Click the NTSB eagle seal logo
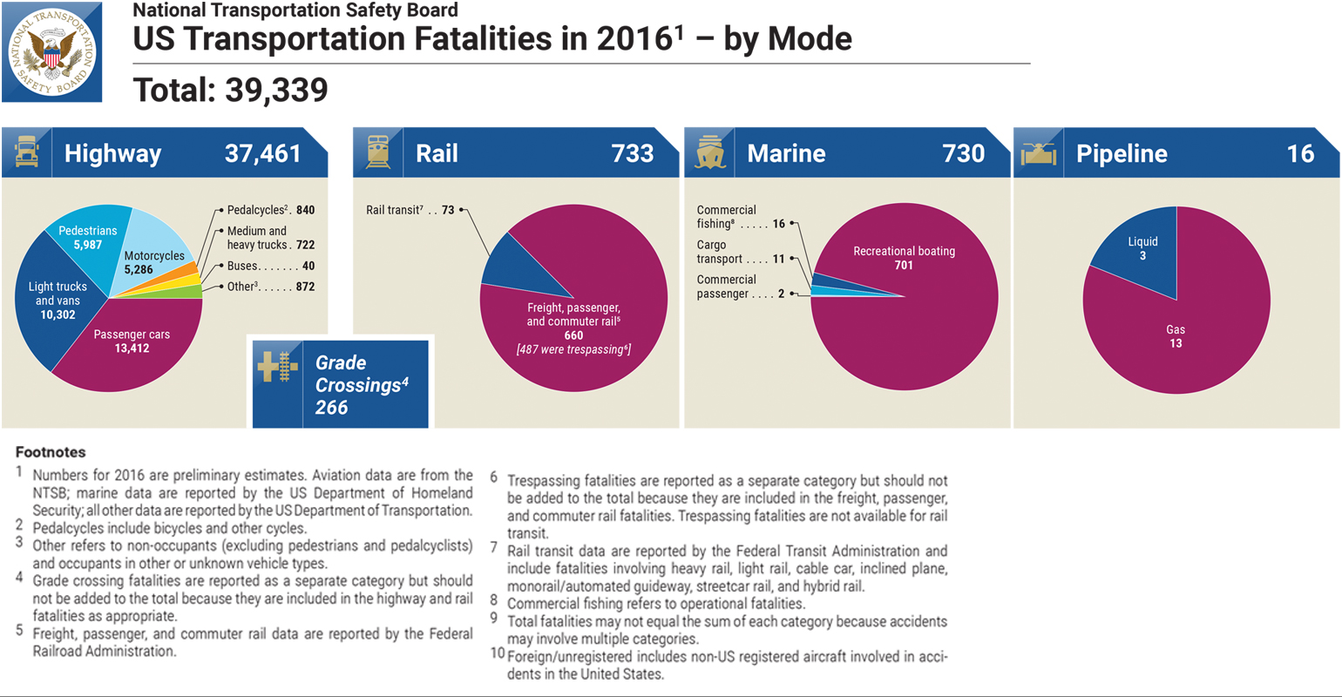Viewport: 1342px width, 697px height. (x=52, y=52)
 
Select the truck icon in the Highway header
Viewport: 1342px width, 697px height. (x=26, y=153)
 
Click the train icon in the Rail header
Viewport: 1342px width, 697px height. (x=378, y=153)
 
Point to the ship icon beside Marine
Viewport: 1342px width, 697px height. (x=710, y=153)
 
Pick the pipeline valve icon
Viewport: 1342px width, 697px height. (x=1040, y=153)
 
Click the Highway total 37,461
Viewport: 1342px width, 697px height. (x=262, y=154)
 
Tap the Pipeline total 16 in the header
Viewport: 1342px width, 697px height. (x=1300, y=154)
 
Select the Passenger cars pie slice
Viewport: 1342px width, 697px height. (x=131, y=344)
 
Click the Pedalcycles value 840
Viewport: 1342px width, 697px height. (x=305, y=210)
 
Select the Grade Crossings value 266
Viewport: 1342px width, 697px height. (x=332, y=407)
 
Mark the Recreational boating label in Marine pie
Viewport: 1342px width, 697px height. (x=904, y=252)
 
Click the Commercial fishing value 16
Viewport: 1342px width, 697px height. (x=778, y=224)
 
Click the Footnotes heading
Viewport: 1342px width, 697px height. (x=51, y=452)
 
